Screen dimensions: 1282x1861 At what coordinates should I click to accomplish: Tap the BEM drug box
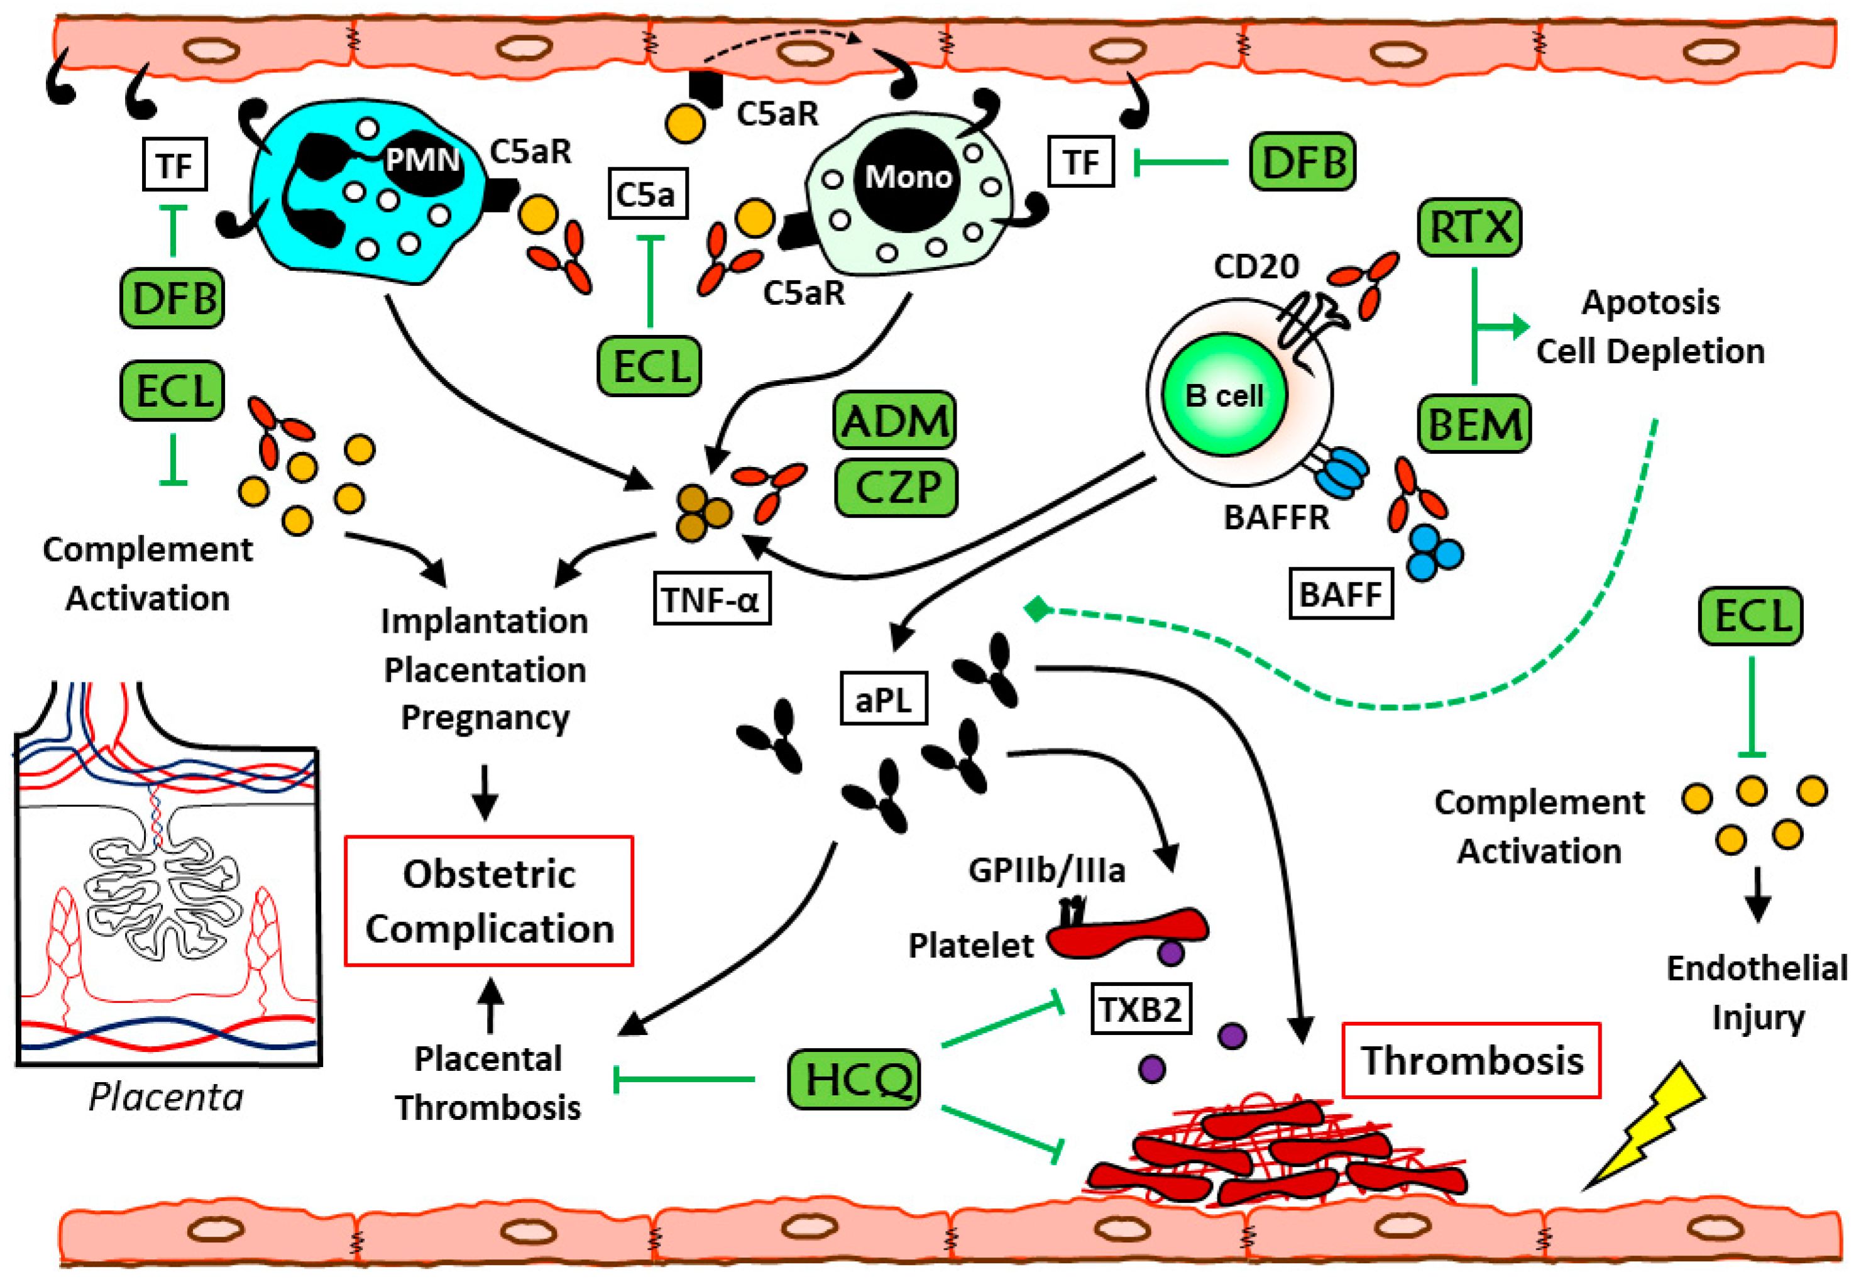1474,424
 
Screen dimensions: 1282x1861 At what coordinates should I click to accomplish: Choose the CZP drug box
896,488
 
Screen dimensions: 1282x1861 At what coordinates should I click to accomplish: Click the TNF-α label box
711,598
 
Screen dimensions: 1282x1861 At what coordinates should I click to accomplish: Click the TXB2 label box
1141,1009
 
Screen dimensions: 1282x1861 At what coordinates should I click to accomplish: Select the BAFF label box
1341,594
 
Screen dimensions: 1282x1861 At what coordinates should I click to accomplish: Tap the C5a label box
647,194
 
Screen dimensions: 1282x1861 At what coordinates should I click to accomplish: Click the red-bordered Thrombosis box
1471,1060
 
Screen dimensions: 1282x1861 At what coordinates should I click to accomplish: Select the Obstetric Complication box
489,901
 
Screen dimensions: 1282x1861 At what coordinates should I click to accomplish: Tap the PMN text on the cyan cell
422,159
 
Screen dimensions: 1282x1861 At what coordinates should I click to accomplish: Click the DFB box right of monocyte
1303,162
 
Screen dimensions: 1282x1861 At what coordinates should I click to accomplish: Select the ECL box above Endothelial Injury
1751,616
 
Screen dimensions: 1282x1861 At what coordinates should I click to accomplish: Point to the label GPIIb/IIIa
1046,870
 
